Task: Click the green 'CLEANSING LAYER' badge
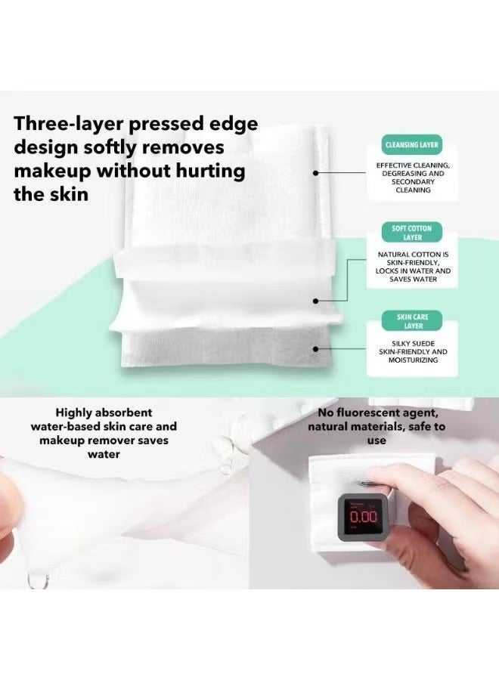412,145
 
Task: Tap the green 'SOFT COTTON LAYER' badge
412,233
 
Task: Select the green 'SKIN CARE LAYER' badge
412,321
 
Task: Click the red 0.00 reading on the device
363,517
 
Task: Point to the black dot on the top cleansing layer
316,172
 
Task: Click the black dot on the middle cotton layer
316,301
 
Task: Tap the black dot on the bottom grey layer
316,348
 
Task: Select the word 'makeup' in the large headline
52,172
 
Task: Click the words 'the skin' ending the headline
51,194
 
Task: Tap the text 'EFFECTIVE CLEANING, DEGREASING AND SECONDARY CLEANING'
413,178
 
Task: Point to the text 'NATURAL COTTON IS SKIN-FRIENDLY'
413,258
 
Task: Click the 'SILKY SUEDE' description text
413,344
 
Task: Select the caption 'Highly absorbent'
104,413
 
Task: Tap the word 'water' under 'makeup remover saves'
104,454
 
